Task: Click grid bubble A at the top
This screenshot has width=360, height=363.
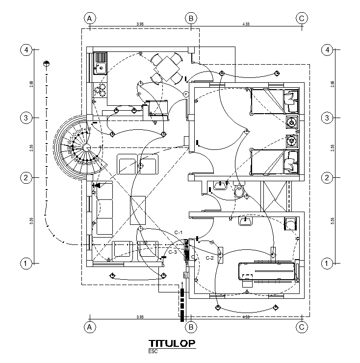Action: [89, 18]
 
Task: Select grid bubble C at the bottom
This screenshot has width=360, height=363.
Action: [302, 326]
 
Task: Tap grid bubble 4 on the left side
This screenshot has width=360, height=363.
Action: [26, 50]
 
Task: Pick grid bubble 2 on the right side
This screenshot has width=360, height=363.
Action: [327, 178]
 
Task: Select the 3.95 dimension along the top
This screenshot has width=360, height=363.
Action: [139, 24]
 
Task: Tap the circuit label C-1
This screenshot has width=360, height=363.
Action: [179, 232]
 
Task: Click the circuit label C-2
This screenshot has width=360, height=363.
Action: [209, 257]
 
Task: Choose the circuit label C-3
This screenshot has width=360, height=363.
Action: [173, 252]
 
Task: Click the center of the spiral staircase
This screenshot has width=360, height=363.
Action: [86, 147]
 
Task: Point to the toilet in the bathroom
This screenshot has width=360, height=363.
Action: [239, 192]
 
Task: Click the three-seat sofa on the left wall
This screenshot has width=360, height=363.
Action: [104, 209]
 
